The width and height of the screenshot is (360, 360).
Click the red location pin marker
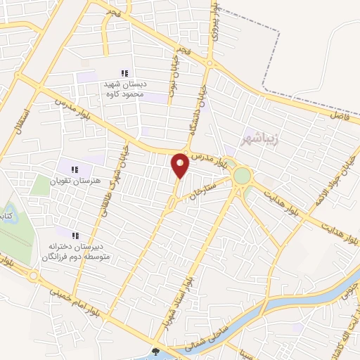[x=180, y=165]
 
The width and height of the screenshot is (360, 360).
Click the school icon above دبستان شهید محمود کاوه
[x=124, y=73]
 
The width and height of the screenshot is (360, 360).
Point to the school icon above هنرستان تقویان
[x=75, y=169]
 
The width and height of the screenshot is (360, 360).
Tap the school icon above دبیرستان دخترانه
[x=75, y=236]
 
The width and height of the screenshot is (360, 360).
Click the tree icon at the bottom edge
[x=155, y=353]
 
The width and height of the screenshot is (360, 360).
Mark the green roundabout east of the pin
[x=242, y=175]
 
